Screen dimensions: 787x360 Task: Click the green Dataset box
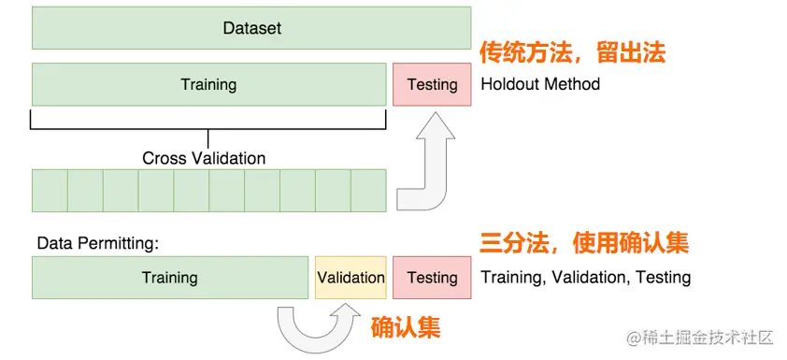click(x=251, y=28)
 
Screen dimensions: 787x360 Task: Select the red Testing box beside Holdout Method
click(x=432, y=84)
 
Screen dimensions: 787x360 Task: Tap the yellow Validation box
click(x=351, y=278)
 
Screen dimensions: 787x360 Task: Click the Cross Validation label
click(x=204, y=158)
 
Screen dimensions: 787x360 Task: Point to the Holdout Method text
click(x=540, y=83)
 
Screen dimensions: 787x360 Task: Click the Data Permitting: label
click(x=98, y=244)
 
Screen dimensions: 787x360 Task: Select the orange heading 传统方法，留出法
click(x=572, y=52)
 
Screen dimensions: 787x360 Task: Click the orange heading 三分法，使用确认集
click(x=584, y=243)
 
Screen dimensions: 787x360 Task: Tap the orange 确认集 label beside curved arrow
click(x=406, y=328)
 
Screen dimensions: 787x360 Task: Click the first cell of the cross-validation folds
click(x=50, y=191)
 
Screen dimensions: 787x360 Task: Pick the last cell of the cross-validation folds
click(x=368, y=191)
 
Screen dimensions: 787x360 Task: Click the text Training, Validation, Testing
click(x=586, y=277)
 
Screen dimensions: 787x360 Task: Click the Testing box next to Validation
click(x=432, y=278)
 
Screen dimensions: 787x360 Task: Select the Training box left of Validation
click(x=170, y=278)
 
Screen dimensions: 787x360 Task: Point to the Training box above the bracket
click(x=208, y=84)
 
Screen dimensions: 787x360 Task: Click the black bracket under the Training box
click(x=207, y=128)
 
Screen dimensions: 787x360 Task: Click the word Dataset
click(x=252, y=28)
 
